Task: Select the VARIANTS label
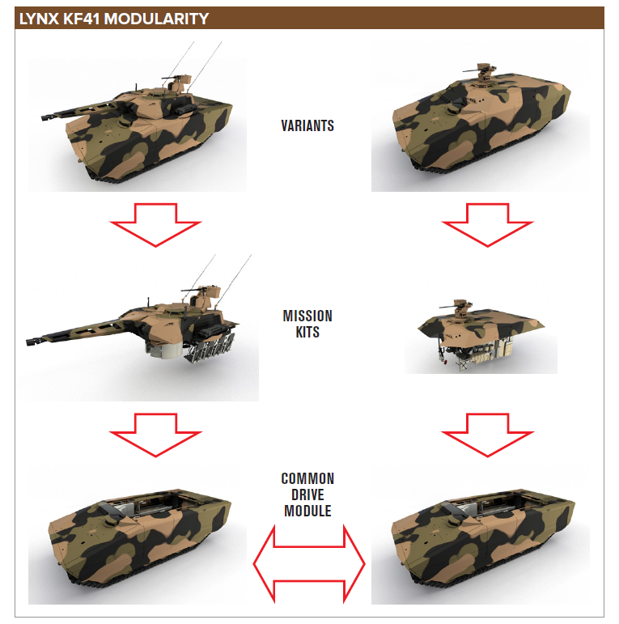(307, 125)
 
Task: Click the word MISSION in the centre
(307, 316)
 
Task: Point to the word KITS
(307, 332)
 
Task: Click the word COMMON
(307, 479)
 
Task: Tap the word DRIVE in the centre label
(307, 495)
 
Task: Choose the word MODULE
(307, 512)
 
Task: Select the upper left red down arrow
(155, 224)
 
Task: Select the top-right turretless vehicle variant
(481, 125)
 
